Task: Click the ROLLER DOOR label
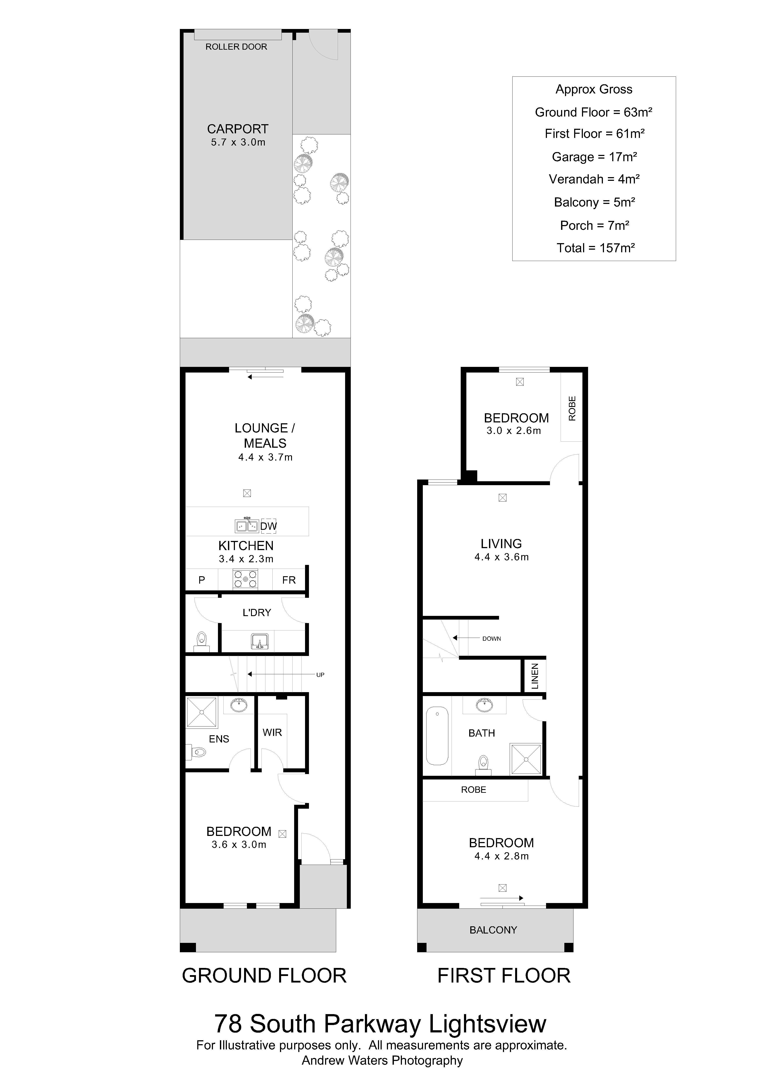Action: pos(236,47)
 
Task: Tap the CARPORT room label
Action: pos(238,129)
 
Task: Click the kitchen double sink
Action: pos(246,525)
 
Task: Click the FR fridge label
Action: pos(289,580)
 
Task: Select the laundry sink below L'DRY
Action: pos(260,641)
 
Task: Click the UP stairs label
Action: pos(320,675)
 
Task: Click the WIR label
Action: pos(272,733)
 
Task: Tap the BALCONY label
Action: pos(493,930)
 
